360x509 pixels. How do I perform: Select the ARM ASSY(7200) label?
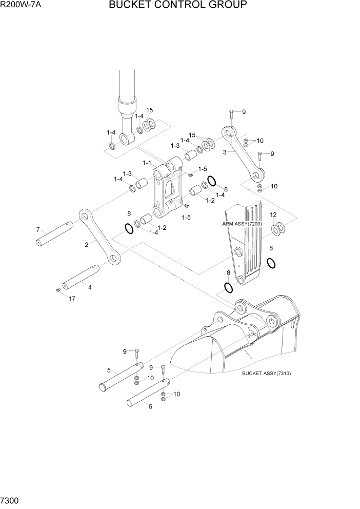(x=243, y=224)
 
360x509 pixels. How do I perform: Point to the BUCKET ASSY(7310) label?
(x=266, y=374)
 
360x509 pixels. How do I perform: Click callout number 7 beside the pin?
(x=37, y=229)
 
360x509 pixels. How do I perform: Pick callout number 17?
(x=71, y=298)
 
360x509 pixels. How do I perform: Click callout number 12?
(x=273, y=214)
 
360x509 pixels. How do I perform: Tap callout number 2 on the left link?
(x=87, y=245)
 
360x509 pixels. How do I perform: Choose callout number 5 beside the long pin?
(x=109, y=370)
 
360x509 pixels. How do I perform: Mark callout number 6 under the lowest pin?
(x=150, y=406)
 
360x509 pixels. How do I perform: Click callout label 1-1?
(x=147, y=163)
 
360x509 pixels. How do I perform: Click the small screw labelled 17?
(x=58, y=291)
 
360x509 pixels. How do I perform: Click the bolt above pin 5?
(x=137, y=353)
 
